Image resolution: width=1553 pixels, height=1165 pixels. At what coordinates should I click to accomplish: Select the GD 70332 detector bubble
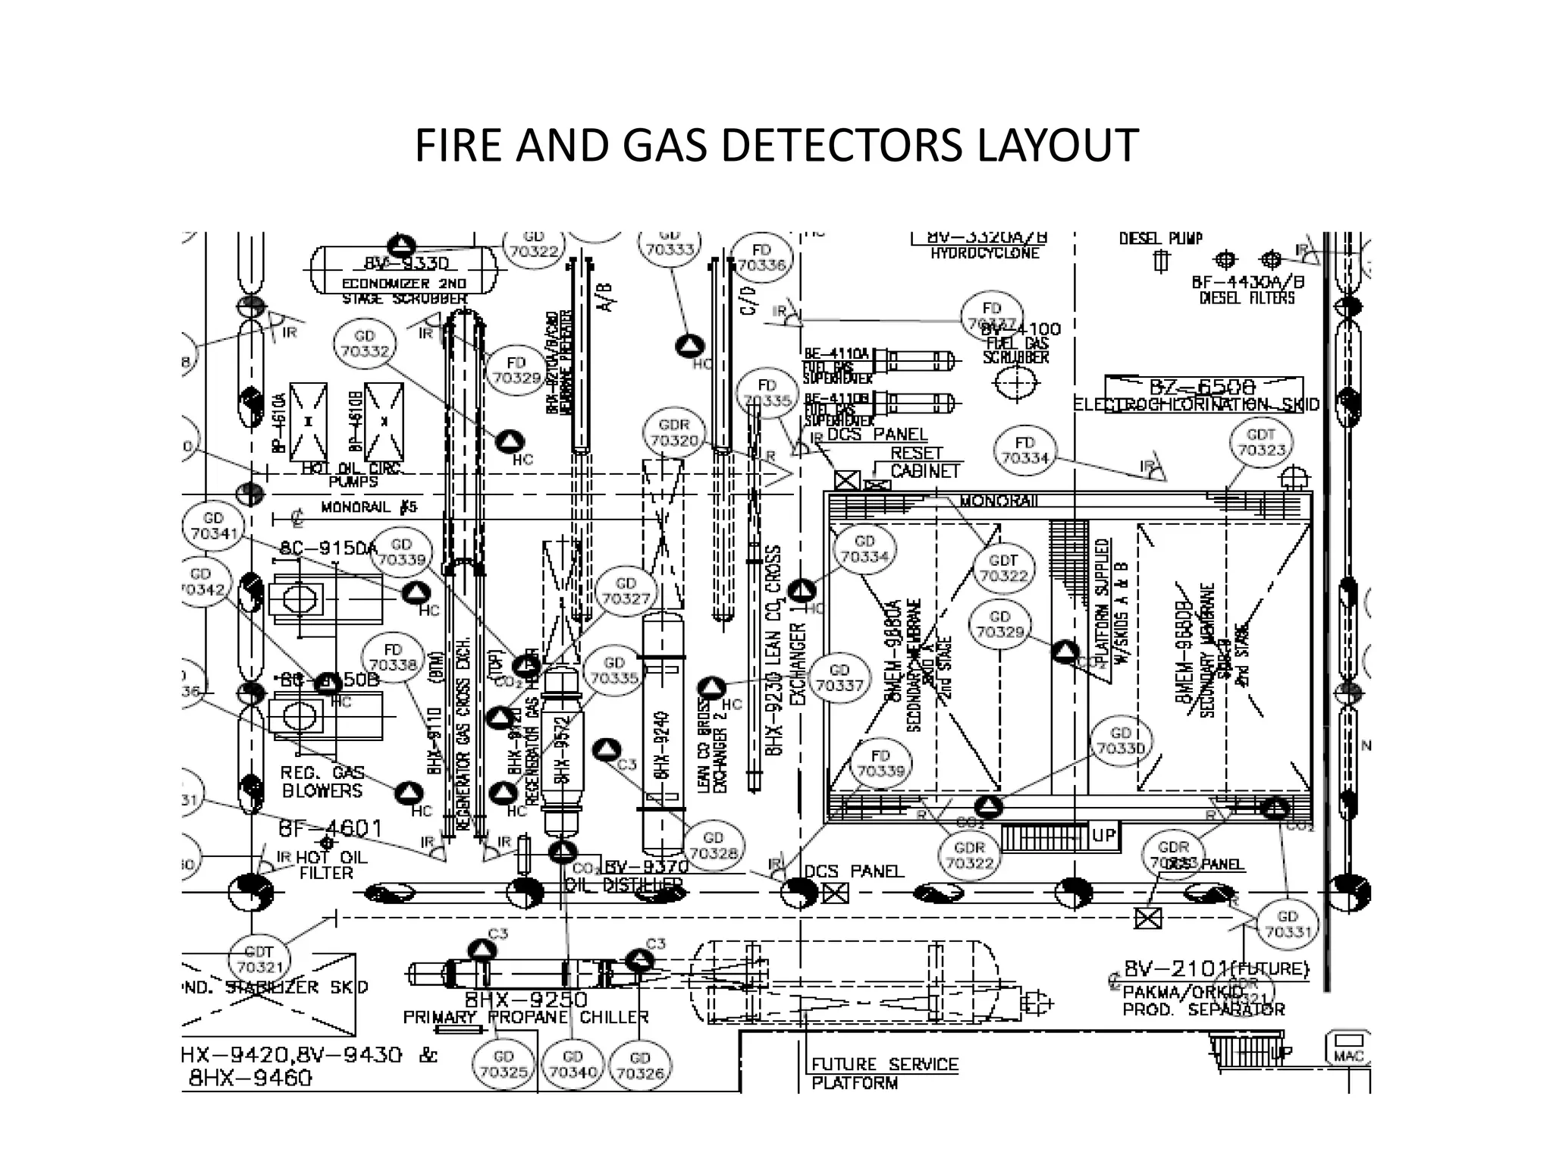tap(365, 344)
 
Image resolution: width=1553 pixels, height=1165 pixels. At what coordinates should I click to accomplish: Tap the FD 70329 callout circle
tap(516, 371)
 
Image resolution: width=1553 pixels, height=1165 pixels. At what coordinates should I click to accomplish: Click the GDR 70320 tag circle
tap(674, 433)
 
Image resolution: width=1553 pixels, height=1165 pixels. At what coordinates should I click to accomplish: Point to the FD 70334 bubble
tap(1024, 451)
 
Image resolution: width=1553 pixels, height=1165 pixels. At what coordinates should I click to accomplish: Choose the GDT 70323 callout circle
tap(1261, 442)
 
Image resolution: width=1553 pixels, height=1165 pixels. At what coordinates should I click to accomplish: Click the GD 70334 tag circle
tap(864, 549)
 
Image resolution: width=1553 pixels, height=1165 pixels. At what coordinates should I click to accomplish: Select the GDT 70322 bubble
tap(1003, 568)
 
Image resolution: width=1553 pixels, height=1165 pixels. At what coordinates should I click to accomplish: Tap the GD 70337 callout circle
tap(839, 677)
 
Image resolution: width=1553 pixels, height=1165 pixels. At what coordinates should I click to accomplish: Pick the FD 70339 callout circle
tap(880, 764)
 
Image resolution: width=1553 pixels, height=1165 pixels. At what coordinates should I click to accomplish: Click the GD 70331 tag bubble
tap(1288, 924)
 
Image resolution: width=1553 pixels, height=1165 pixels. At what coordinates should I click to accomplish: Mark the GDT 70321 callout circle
tap(259, 959)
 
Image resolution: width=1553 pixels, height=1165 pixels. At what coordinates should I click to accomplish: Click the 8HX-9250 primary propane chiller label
tap(526, 999)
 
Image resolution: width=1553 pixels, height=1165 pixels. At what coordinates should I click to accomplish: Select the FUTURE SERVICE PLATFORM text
tap(884, 1073)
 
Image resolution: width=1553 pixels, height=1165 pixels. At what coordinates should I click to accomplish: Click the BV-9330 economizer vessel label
tap(406, 263)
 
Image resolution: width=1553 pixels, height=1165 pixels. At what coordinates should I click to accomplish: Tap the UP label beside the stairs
tap(1104, 835)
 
